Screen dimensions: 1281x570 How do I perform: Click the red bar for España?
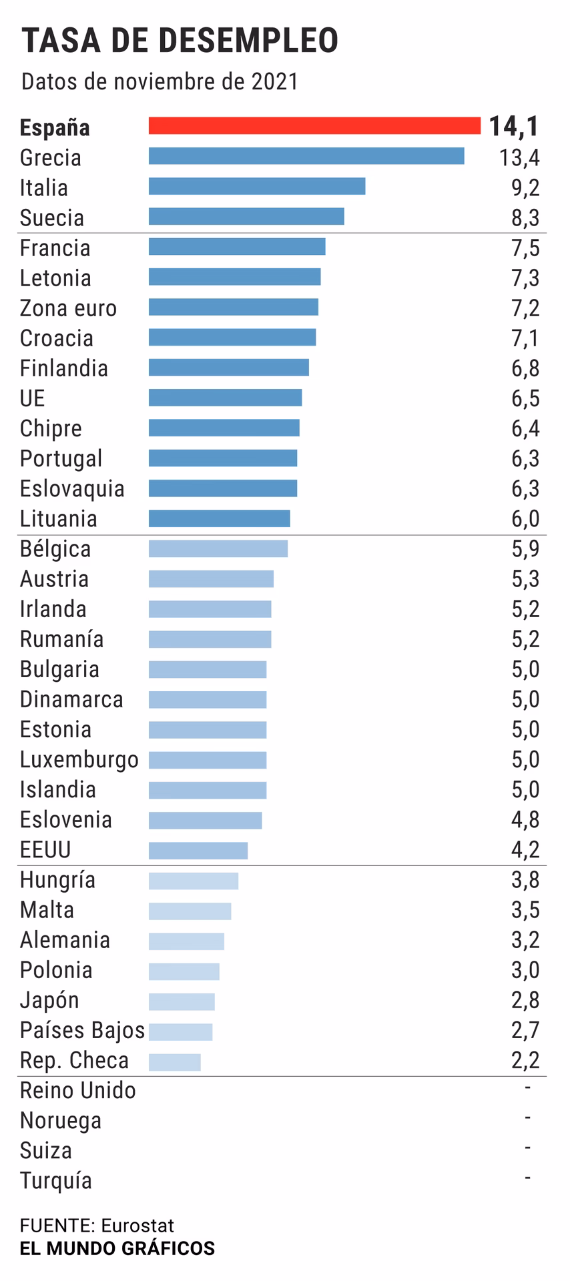click(x=314, y=125)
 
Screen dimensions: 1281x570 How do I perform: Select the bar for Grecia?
click(x=306, y=156)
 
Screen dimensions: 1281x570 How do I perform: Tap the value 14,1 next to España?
click(x=513, y=126)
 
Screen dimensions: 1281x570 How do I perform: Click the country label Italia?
click(x=44, y=187)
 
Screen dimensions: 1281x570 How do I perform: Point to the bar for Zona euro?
click(x=233, y=307)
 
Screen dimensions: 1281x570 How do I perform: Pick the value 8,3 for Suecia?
click(x=525, y=218)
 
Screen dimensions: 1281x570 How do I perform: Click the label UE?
click(x=32, y=398)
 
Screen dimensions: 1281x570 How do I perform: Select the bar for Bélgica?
click(x=218, y=548)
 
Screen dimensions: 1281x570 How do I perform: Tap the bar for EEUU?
click(x=198, y=850)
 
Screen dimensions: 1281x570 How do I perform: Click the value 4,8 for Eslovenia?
click(x=525, y=819)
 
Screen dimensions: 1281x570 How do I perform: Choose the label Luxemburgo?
click(x=79, y=760)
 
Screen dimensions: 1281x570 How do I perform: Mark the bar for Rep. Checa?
click(x=174, y=1062)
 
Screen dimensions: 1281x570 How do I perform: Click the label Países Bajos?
click(x=82, y=1031)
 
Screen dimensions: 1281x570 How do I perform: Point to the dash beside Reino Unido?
click(x=527, y=1088)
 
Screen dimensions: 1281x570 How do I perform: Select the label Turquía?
click(x=56, y=1180)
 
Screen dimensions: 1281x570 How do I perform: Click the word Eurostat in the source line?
click(x=137, y=1226)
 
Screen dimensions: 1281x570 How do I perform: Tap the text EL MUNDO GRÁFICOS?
click(x=117, y=1248)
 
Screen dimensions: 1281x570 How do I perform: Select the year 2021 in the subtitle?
click(x=274, y=81)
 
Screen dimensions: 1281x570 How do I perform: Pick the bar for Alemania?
click(x=186, y=941)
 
